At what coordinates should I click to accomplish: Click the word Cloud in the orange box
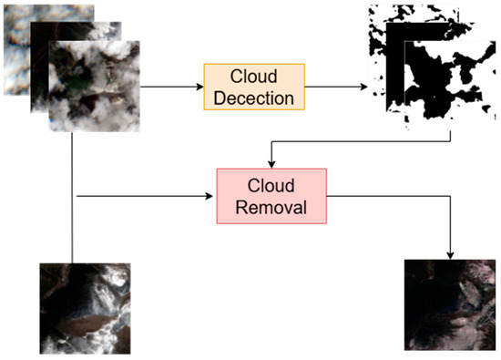[x=254, y=77]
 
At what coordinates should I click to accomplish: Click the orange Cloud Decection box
[x=254, y=85]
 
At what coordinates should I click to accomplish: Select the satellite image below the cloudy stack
[x=85, y=308]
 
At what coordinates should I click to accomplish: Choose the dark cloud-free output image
[x=449, y=304]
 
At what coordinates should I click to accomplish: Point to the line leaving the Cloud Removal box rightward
[x=383, y=195]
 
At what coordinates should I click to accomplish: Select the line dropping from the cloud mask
[x=452, y=132]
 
